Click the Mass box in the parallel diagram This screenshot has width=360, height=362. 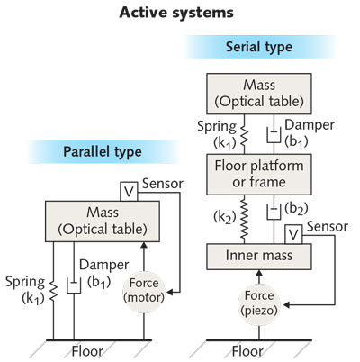tap(96, 220)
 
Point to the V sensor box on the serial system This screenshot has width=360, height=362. tap(292, 234)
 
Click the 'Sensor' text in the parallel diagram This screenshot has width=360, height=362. tap(164, 184)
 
